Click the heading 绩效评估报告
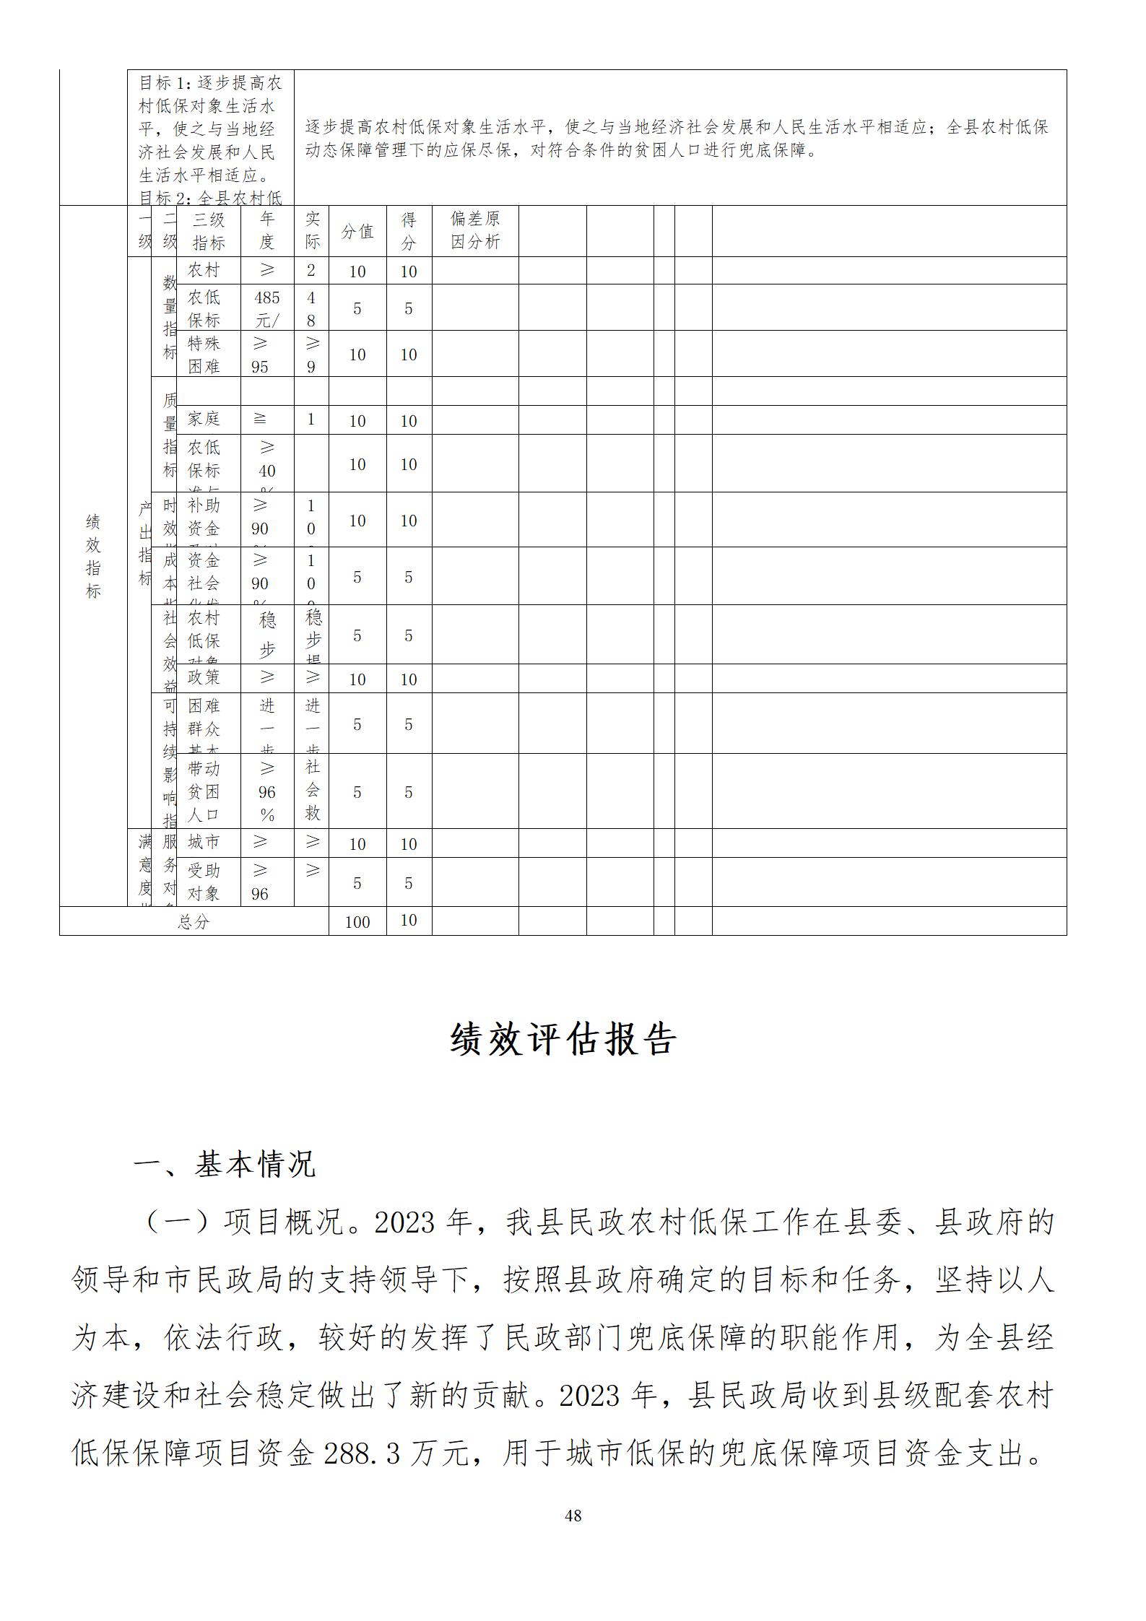tap(563, 1040)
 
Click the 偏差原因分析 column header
tap(475, 230)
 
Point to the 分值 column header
tap(357, 231)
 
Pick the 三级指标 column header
tap(209, 231)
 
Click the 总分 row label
tap(194, 922)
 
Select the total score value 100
tap(357, 922)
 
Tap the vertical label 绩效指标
tap(93, 556)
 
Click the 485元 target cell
tap(267, 308)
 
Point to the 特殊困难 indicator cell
tap(204, 354)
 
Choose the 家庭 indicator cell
tap(204, 419)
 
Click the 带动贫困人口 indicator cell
tap(204, 791)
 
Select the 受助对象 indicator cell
tap(204, 882)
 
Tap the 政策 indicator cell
tap(204, 677)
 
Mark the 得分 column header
tap(409, 231)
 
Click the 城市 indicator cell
tap(204, 842)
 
